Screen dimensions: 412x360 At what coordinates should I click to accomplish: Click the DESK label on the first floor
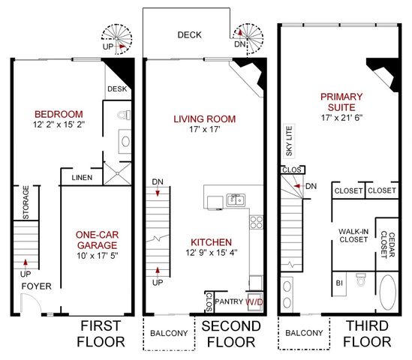click(x=117, y=88)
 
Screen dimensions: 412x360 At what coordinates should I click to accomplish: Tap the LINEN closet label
click(x=82, y=178)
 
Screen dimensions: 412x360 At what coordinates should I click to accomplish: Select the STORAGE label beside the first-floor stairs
click(x=26, y=202)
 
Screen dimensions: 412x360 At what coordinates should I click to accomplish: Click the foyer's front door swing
click(x=31, y=303)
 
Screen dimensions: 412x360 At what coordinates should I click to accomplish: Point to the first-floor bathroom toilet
click(x=125, y=115)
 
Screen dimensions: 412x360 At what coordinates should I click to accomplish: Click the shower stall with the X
click(x=117, y=173)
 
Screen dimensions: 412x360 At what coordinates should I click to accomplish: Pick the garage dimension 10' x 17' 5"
click(x=98, y=256)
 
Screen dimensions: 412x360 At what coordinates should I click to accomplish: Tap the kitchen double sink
click(x=236, y=199)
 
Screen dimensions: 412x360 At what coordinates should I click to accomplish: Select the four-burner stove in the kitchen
click(x=256, y=222)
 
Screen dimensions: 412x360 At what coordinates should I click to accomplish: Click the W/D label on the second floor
click(x=254, y=301)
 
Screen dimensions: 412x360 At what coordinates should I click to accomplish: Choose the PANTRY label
click(x=229, y=301)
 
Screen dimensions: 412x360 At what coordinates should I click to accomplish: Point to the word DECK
click(x=189, y=35)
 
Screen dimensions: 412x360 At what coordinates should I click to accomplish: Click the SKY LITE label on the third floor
click(x=289, y=141)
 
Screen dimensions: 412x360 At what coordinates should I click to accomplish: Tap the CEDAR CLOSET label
click(x=388, y=245)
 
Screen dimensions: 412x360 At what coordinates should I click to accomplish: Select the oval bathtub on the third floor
click(x=388, y=292)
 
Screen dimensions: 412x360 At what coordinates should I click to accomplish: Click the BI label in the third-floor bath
click(x=339, y=283)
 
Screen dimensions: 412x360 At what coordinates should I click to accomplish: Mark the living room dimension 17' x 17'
click(x=205, y=129)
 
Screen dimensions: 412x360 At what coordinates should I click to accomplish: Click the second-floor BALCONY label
click(x=169, y=333)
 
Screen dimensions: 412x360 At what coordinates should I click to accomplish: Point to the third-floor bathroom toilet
click(x=361, y=279)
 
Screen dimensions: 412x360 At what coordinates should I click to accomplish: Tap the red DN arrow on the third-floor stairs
click(x=297, y=186)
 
